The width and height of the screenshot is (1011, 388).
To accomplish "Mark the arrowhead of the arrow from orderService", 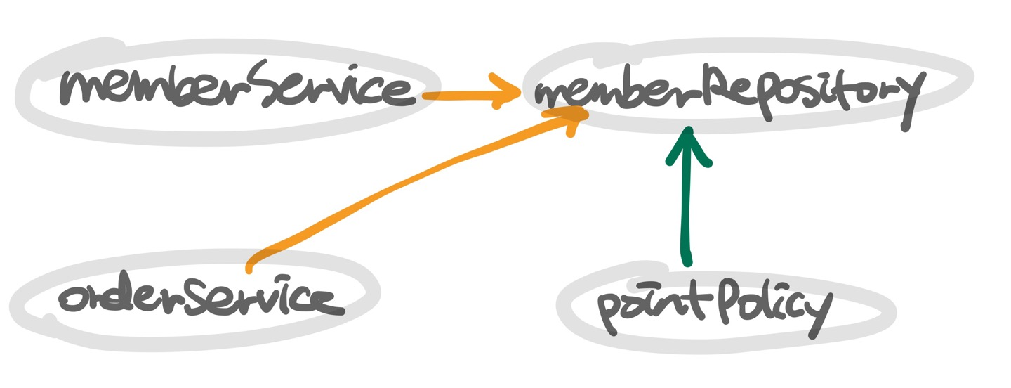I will [x=572, y=119].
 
